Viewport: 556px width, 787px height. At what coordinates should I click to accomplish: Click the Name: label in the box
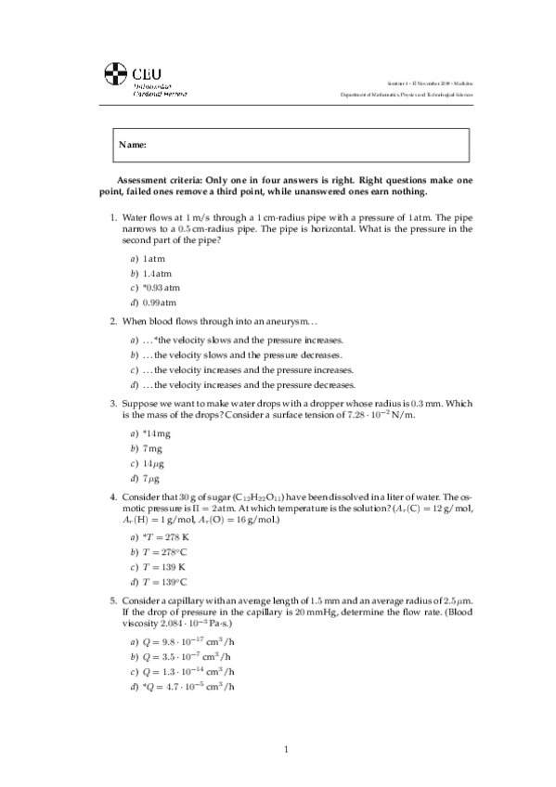coord(134,146)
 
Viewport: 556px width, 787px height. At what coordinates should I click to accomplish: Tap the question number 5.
coord(112,600)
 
